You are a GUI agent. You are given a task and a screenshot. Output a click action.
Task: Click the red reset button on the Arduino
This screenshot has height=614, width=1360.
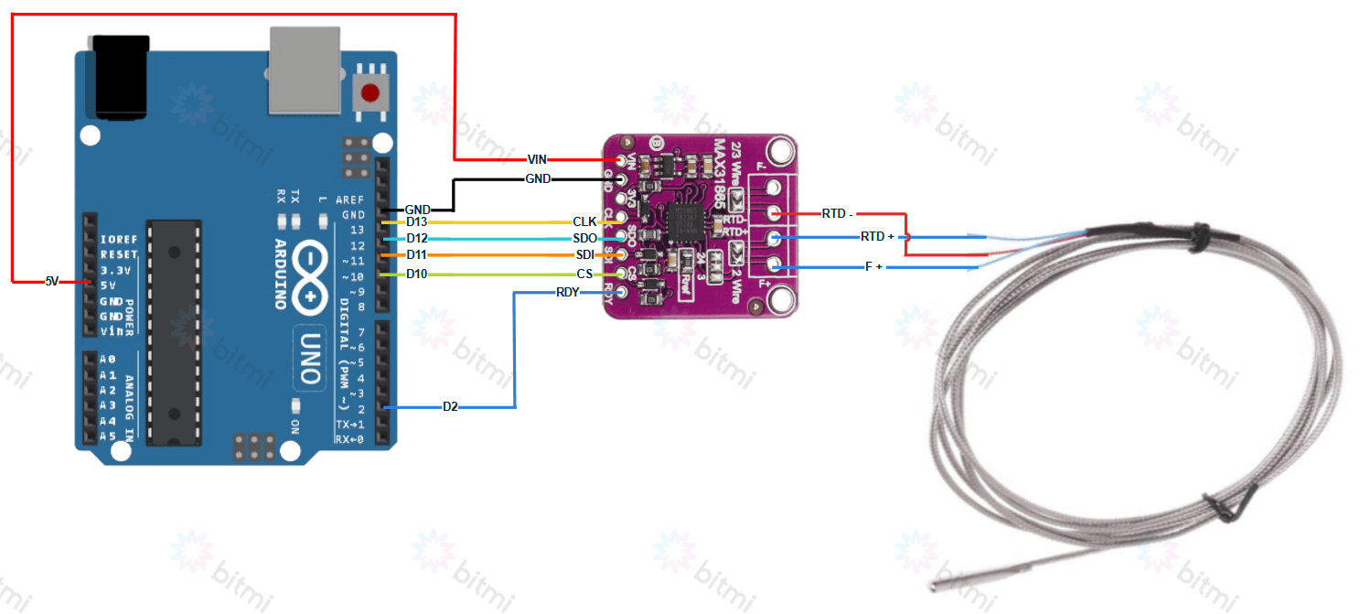[369, 93]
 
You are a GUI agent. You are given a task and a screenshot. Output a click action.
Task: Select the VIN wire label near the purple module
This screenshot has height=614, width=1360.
[537, 159]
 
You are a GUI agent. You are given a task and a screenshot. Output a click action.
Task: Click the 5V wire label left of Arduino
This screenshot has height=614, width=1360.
[52, 281]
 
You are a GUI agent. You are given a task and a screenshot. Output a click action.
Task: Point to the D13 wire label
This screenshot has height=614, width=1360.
[416, 222]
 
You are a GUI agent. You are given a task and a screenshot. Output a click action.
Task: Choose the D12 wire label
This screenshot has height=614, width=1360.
[416, 239]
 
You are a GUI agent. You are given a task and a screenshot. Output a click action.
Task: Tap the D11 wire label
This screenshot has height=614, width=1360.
[416, 254]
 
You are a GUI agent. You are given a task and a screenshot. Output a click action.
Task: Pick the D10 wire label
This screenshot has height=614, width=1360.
[416, 275]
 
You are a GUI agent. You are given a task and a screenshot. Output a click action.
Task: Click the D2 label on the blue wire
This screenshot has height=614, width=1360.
[450, 406]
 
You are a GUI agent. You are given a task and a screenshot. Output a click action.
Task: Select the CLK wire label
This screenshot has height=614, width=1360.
[584, 222]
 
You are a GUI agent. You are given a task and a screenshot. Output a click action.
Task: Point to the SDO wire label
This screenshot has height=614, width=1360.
[584, 239]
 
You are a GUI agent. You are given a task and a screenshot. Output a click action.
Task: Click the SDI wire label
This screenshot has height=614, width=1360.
[584, 254]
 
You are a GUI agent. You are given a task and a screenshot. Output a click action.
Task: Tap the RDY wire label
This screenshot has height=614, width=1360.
[567, 293]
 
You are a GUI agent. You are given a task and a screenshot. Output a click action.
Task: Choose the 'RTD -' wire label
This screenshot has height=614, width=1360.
[837, 214]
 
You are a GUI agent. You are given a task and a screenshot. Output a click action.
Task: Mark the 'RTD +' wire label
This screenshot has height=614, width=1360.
[877, 237]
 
